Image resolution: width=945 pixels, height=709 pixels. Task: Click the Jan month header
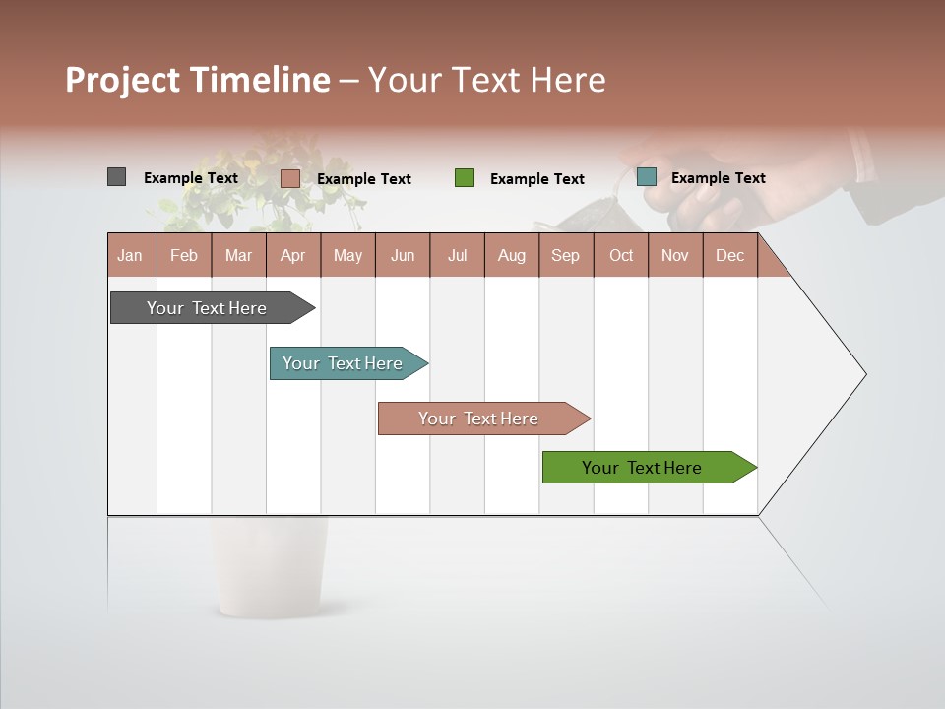(x=130, y=255)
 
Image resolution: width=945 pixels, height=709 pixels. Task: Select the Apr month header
(x=292, y=255)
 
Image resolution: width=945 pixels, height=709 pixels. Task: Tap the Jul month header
(x=457, y=255)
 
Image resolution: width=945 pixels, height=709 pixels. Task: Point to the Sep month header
(x=565, y=255)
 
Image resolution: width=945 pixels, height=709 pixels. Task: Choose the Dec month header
(x=729, y=255)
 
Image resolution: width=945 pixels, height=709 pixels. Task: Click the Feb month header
(x=184, y=255)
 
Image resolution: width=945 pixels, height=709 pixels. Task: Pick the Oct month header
(x=621, y=255)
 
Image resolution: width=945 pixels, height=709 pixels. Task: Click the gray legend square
(x=116, y=177)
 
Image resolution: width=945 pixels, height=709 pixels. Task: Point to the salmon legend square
(x=289, y=178)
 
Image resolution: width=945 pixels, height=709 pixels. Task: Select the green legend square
(x=465, y=178)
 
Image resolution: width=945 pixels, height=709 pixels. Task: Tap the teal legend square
(x=646, y=177)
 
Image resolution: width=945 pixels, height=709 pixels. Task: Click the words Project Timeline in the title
(x=198, y=80)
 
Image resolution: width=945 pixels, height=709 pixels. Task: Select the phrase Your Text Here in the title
(x=486, y=80)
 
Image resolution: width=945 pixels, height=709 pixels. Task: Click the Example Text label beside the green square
(x=536, y=179)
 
